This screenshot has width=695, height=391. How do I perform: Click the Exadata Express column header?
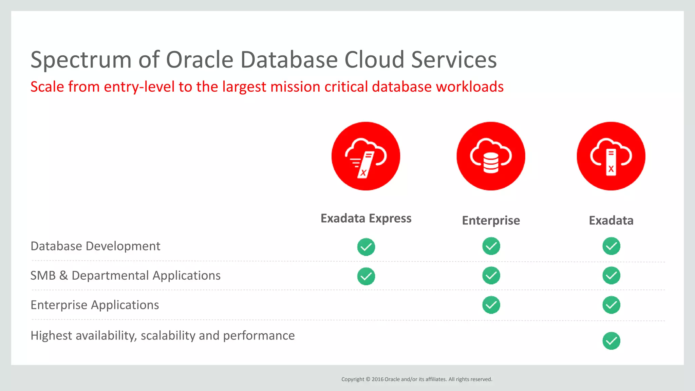pyautogui.click(x=366, y=218)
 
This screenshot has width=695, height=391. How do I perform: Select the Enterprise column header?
pyautogui.click(x=491, y=221)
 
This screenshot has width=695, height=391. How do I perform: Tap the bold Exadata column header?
pyautogui.click(x=611, y=221)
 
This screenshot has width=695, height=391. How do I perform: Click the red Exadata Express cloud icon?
pyautogui.click(x=366, y=156)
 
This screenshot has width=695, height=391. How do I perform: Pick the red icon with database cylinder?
pyautogui.click(x=491, y=156)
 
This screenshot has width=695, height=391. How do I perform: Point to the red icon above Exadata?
pyautogui.click(x=611, y=156)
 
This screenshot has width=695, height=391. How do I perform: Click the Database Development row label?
pyautogui.click(x=95, y=246)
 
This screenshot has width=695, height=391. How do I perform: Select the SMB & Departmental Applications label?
pyautogui.click(x=125, y=276)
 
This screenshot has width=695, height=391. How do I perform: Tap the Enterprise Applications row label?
pyautogui.click(x=95, y=305)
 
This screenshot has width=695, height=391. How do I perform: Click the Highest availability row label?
pyautogui.click(x=163, y=336)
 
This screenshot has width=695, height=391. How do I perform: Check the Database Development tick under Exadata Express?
pyautogui.click(x=366, y=247)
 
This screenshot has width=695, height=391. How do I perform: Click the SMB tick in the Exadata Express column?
pyautogui.click(x=366, y=276)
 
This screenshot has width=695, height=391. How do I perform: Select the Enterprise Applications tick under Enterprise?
pyautogui.click(x=491, y=305)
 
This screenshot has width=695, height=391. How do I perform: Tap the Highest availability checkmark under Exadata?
pyautogui.click(x=611, y=341)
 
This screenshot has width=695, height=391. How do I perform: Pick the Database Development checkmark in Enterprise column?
pyautogui.click(x=491, y=246)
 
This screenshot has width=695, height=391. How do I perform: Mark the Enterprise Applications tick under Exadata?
pyautogui.click(x=611, y=305)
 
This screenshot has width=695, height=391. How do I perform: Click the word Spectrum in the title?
pyautogui.click(x=81, y=60)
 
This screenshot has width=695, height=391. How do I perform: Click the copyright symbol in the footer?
pyautogui.click(x=368, y=379)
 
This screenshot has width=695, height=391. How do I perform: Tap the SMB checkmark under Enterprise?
pyautogui.click(x=491, y=275)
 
